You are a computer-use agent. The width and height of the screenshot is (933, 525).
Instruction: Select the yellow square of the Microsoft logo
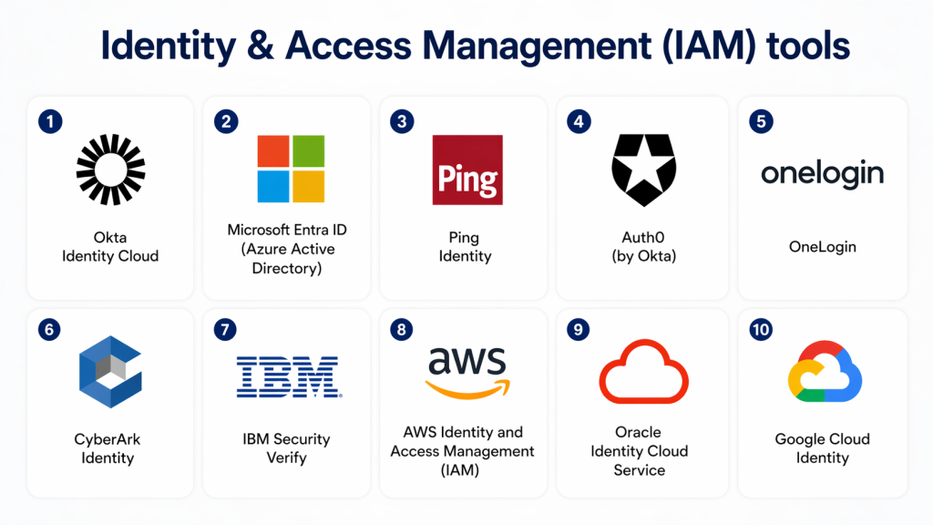pyautogui.click(x=308, y=186)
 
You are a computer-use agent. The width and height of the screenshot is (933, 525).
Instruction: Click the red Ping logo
pyautogui.click(x=467, y=170)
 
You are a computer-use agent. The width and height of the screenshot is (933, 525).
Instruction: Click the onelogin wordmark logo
pyautogui.click(x=822, y=173)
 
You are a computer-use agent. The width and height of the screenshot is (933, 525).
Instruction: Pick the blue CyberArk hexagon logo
pyautogui.click(x=108, y=374)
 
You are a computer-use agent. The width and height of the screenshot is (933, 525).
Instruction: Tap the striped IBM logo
pyautogui.click(x=288, y=376)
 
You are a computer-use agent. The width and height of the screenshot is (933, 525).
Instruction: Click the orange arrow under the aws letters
pyautogui.click(x=466, y=390)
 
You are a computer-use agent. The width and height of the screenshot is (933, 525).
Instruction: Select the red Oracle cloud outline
pyautogui.click(x=642, y=372)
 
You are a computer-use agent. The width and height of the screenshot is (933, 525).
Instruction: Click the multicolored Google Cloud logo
pyautogui.click(x=824, y=374)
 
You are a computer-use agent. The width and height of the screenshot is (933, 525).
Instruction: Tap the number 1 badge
pyautogui.click(x=51, y=121)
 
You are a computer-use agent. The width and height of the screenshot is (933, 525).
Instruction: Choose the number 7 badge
pyautogui.click(x=225, y=330)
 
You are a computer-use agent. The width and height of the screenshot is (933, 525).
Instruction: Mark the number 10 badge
pyautogui.click(x=761, y=330)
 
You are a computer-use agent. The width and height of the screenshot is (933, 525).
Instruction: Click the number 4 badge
pyautogui.click(x=578, y=121)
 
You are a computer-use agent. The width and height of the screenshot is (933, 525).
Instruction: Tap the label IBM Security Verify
pyautogui.click(x=286, y=448)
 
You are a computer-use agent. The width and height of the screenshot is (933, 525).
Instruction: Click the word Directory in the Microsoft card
pyautogui.click(x=287, y=268)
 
